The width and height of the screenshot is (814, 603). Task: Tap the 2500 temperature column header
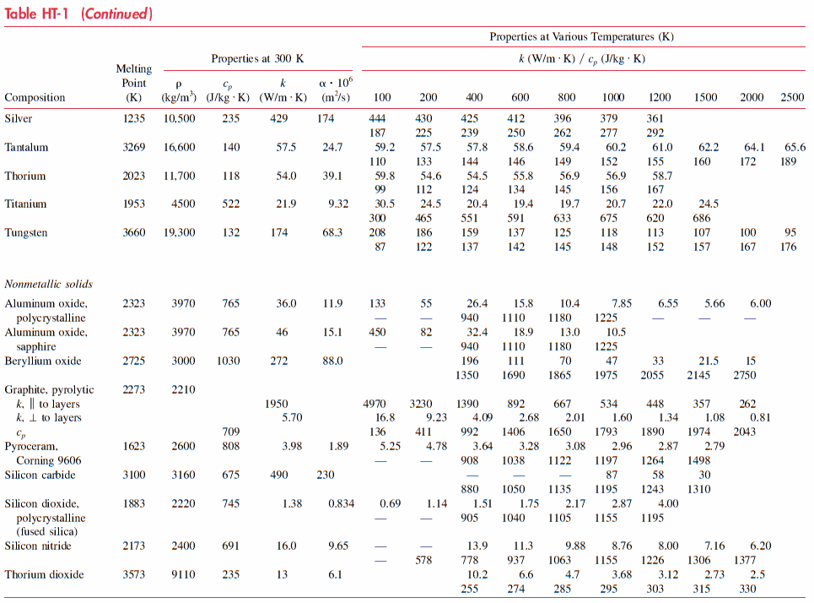coord(792,97)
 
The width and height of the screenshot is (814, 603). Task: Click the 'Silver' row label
coord(19,119)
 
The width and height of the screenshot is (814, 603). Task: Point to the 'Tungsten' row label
coord(26,232)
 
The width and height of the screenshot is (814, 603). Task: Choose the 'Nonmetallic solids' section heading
coord(49,284)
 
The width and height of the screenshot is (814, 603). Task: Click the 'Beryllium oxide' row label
coord(43,361)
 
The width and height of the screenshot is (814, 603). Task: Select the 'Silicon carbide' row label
coord(40,475)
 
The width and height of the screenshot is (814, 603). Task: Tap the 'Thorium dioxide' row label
coord(44,575)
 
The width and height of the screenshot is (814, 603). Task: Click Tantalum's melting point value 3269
coord(133,148)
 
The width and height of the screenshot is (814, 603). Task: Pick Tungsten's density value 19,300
coord(179,232)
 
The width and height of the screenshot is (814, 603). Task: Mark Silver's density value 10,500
coord(179,119)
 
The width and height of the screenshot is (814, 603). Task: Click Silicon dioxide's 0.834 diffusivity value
coord(341,504)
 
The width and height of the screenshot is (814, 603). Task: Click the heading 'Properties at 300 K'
coord(257,59)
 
